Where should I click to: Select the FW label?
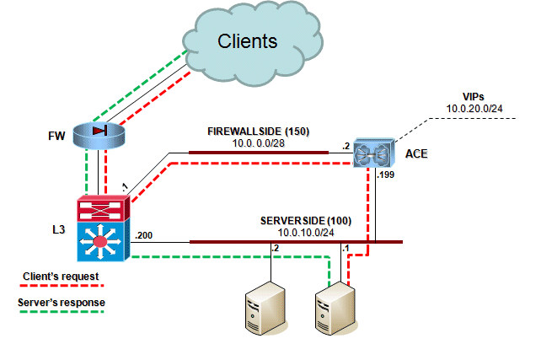[55, 134]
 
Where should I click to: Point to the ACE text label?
[415, 153]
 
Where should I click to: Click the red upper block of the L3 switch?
[100, 208]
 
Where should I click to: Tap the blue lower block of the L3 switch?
[100, 243]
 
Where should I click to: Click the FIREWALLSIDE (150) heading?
[256, 132]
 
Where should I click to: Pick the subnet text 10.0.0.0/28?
[256, 144]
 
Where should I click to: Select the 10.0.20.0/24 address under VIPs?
[475, 109]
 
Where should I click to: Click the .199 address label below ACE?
[388, 175]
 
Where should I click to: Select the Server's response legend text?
[61, 301]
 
